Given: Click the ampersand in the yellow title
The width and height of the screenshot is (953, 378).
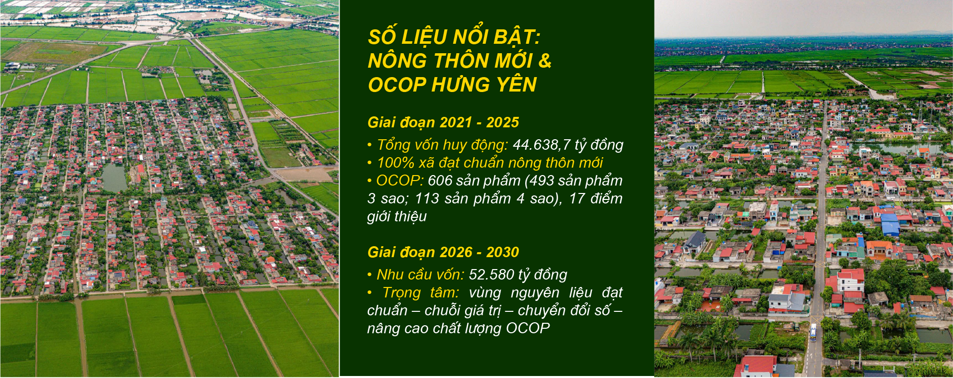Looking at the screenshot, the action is coord(545,61).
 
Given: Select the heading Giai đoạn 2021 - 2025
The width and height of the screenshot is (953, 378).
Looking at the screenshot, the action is coord(443,122).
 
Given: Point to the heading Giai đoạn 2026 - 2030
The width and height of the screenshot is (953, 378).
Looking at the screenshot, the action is coord(443,252).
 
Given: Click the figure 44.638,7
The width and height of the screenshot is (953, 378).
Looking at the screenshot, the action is coord(542,145).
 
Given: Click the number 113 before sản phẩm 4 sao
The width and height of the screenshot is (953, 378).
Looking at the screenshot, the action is coord(427,198).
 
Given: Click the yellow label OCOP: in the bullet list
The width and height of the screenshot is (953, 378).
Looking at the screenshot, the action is coord(400,181).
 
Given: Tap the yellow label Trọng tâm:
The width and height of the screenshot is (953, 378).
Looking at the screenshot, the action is coord(421,292).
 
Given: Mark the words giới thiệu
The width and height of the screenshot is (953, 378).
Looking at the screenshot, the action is coord(397,216).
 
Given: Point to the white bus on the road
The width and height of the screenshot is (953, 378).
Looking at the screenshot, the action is coord(813,332).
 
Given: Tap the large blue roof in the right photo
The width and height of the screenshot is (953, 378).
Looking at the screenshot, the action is coord(890,224).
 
